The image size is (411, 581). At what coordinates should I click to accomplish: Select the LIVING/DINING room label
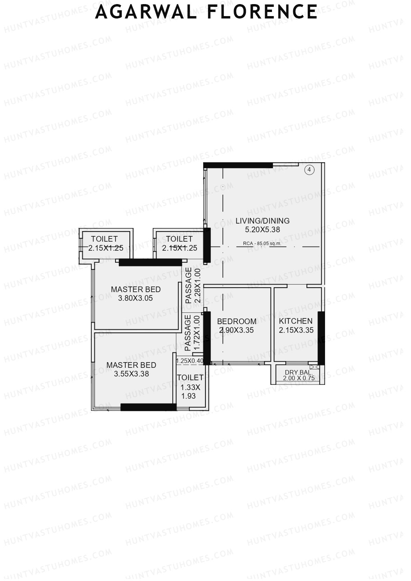click(x=262, y=220)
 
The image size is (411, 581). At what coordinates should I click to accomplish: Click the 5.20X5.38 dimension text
click(x=262, y=230)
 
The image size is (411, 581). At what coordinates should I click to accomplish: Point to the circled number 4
click(x=309, y=169)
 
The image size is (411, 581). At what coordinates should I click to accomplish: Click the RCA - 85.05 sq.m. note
click(x=262, y=243)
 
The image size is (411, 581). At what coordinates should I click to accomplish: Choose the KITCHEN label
click(x=296, y=321)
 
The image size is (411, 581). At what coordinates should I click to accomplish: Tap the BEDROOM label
click(x=237, y=321)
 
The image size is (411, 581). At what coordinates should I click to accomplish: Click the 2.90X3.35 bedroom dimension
click(x=237, y=330)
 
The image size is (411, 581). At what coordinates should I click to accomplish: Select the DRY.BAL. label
click(x=299, y=372)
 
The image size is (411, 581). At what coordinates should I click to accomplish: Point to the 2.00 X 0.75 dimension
click(x=299, y=378)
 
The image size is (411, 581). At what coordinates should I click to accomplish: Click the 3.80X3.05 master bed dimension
click(x=135, y=298)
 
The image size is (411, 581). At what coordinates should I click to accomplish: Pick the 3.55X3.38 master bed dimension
click(x=131, y=374)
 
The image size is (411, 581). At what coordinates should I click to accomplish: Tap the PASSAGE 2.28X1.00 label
click(x=192, y=286)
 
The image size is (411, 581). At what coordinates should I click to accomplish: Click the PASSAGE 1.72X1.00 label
click(x=192, y=333)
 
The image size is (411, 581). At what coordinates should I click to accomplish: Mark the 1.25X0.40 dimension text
click(x=189, y=361)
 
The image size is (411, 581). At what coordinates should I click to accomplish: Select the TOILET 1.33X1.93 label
click(x=190, y=387)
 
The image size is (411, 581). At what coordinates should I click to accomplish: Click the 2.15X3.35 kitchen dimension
click(x=296, y=330)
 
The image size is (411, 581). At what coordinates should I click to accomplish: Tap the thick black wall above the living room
click(x=238, y=165)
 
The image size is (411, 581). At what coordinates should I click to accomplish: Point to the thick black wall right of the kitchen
click(x=321, y=338)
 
